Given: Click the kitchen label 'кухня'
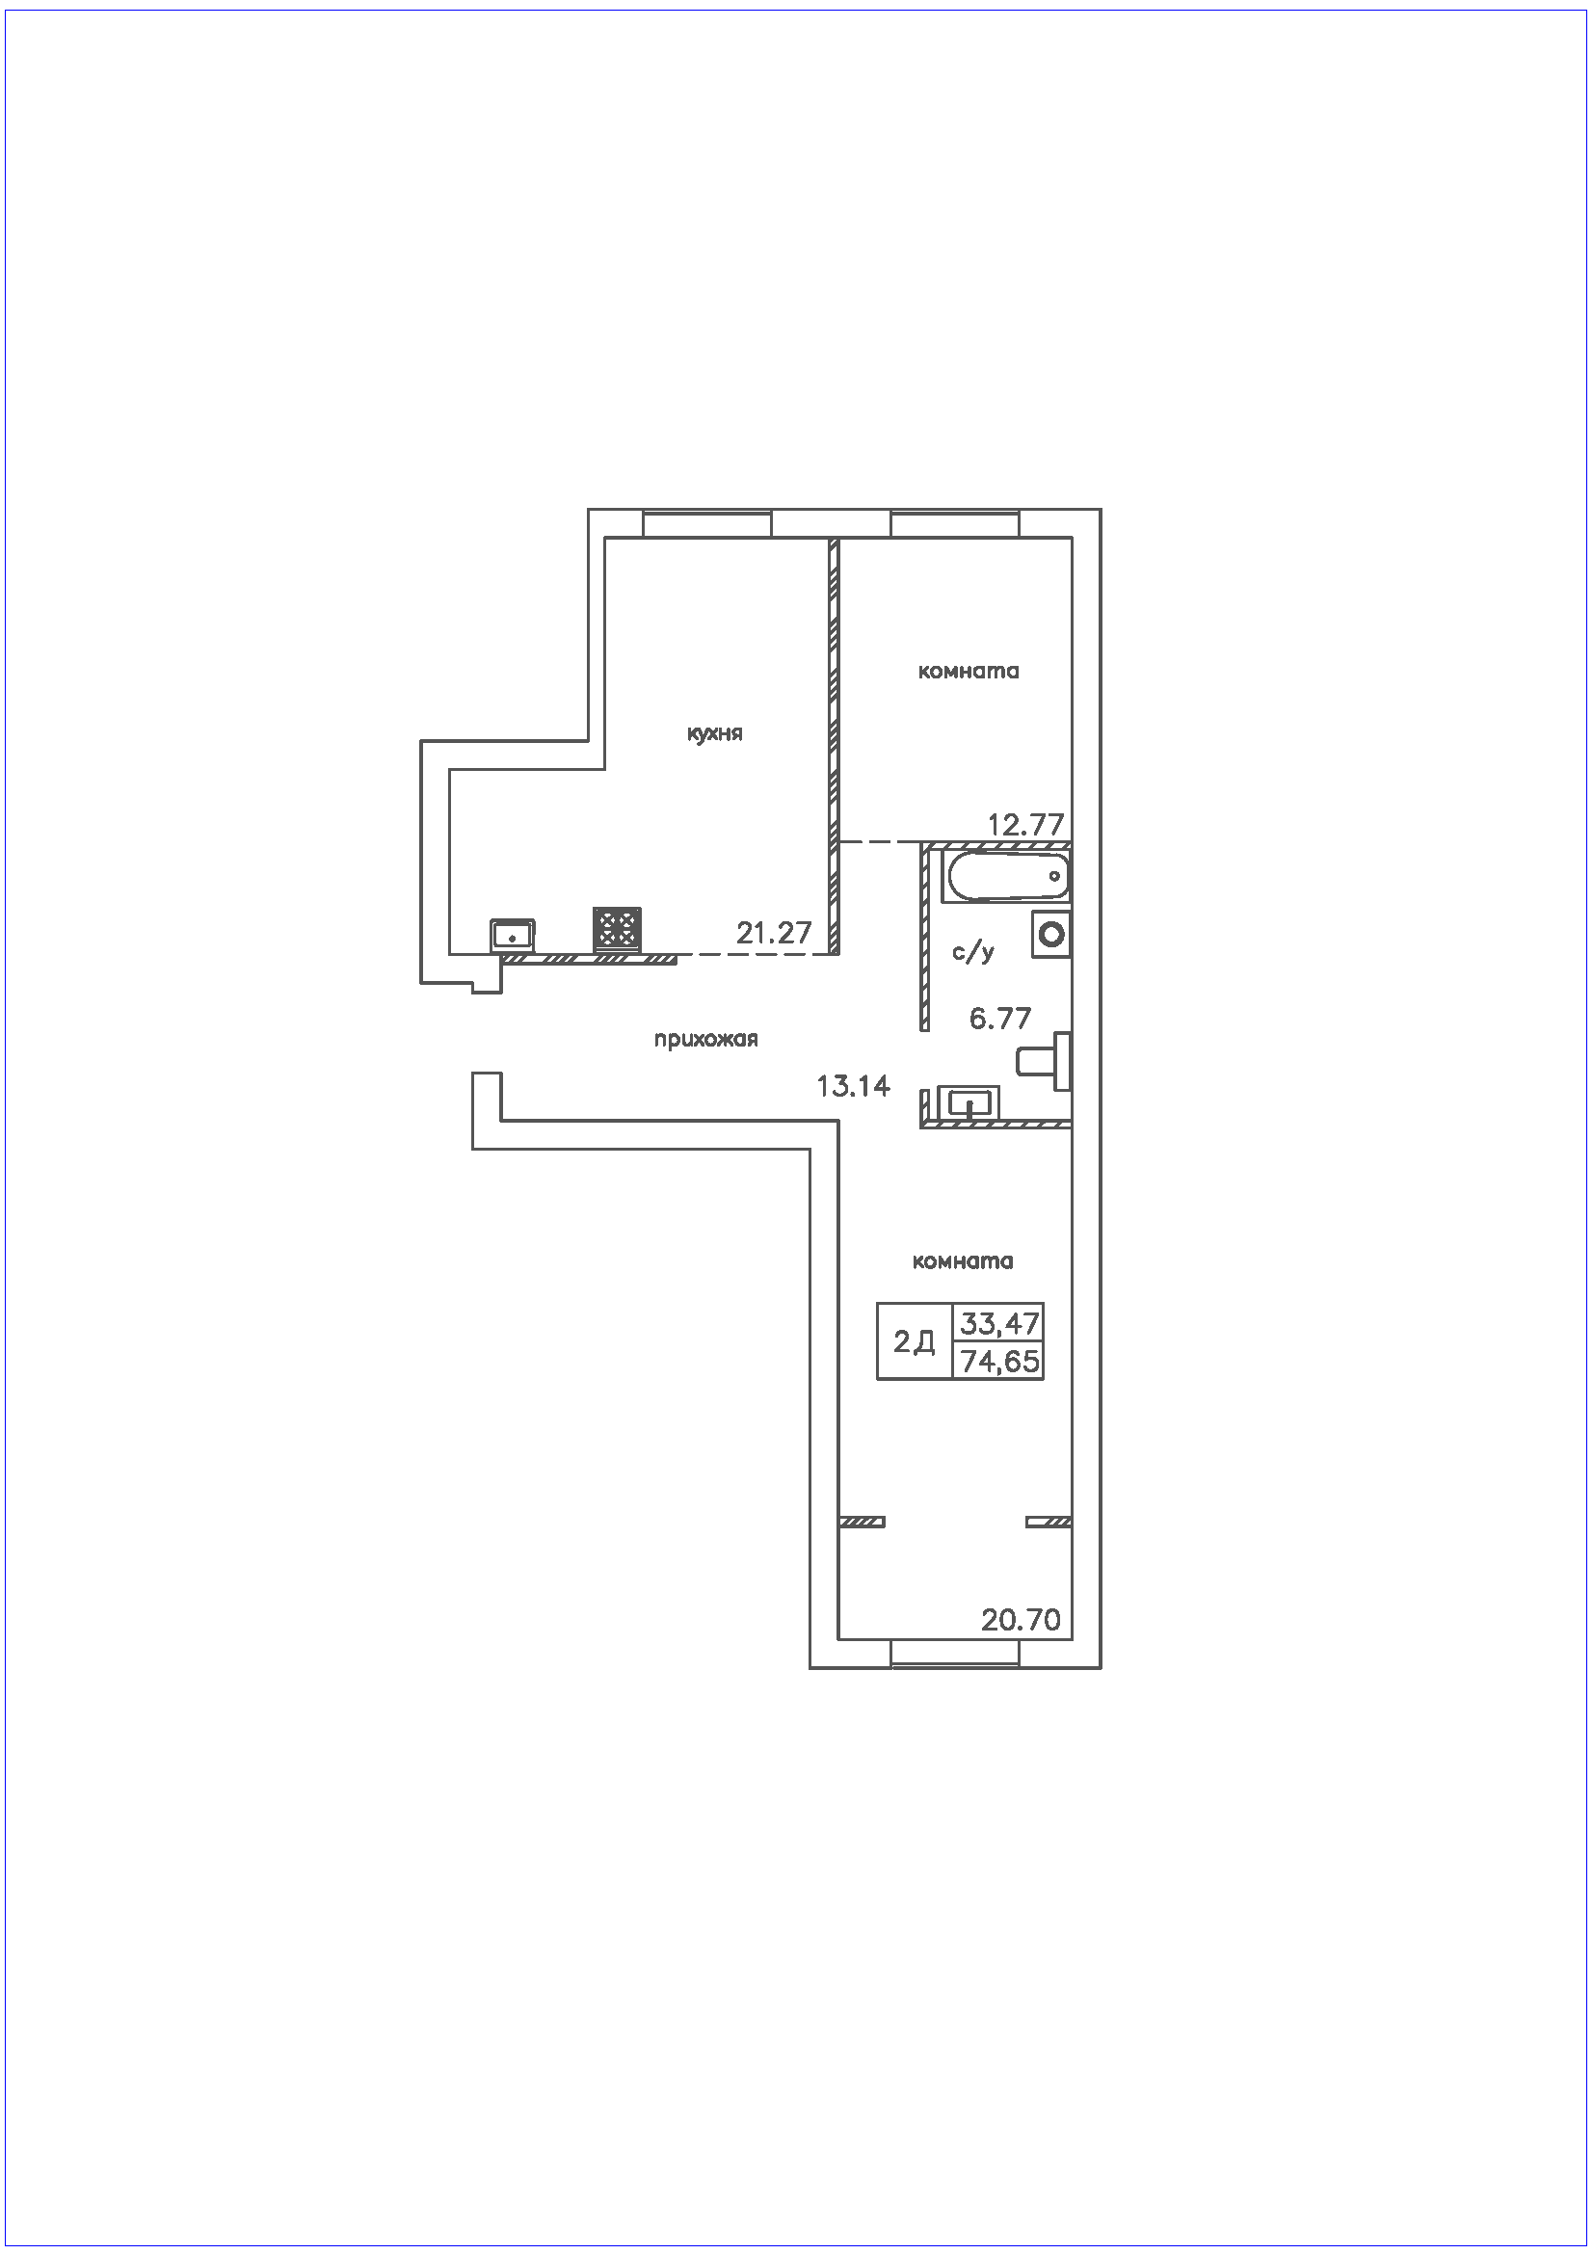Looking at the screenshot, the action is pos(713,734).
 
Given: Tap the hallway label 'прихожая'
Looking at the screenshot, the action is pos(705,1040).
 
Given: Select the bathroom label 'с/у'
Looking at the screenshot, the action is pos(973,951).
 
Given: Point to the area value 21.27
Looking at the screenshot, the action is pos(775,933).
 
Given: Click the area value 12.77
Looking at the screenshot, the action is pos(1025,825).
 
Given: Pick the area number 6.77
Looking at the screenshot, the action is pos(1000,1019).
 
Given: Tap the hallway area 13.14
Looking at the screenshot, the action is pos(853,1086).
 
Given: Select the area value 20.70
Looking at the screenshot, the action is pos(1021,1620).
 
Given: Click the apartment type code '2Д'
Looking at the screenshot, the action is pos(914,1342).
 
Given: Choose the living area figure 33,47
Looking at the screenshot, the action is pos(999,1323).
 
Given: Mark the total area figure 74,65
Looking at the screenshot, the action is pos(1000,1362).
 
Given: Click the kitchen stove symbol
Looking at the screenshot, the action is pos(618,929).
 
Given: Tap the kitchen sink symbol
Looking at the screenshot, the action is pos(513,935).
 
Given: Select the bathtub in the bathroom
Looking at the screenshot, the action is pos(1005,876).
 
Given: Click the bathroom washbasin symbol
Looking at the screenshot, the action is pos(968,1101).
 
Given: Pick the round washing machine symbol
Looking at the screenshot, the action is pos(1051,934).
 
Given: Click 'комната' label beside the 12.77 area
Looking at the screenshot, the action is pos(968,672).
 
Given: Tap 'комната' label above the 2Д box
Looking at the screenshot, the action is pos(962,1261).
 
